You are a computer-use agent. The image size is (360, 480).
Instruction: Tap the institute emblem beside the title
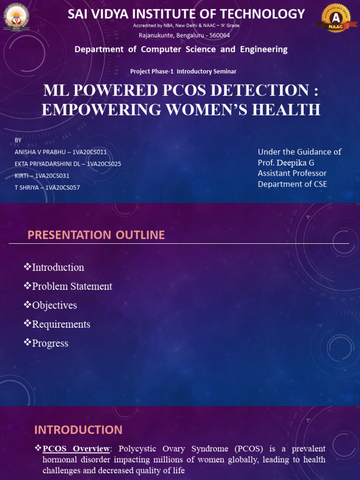tap(16, 17)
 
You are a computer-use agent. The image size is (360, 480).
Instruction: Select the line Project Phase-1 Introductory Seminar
tap(183, 71)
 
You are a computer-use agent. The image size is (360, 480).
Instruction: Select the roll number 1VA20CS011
tap(90, 152)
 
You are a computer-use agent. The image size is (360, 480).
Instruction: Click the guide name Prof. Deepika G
tap(286, 163)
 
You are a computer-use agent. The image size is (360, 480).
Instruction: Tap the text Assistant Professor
tap(292, 173)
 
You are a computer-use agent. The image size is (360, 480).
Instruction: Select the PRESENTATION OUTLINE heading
tap(96, 235)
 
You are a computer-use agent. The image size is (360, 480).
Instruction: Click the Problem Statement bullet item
tap(72, 286)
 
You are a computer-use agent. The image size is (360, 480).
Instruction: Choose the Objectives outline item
tap(54, 306)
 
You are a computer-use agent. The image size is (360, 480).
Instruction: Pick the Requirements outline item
tap(61, 324)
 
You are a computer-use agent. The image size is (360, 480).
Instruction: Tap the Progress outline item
tap(50, 344)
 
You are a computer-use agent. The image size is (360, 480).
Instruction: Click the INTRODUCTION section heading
tap(78, 430)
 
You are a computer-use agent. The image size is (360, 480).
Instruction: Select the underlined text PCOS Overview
tap(76, 449)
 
